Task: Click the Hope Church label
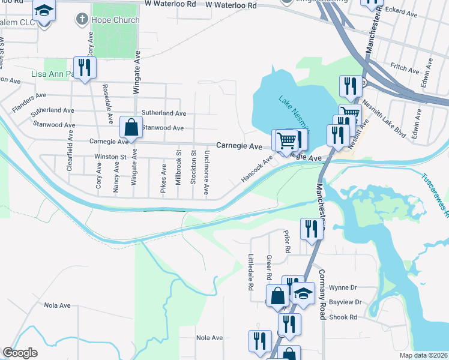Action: (x=116, y=20)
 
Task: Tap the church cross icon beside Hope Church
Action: (x=82, y=19)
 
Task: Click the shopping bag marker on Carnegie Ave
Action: (x=130, y=127)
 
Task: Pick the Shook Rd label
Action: (x=345, y=317)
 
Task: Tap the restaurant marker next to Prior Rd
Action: (x=312, y=229)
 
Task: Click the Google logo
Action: (x=20, y=353)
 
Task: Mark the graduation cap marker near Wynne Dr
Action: (x=304, y=295)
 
